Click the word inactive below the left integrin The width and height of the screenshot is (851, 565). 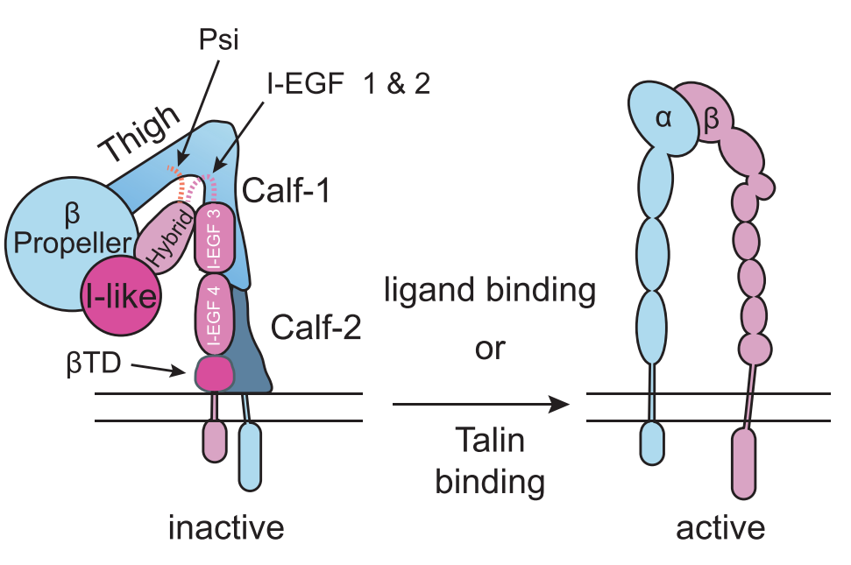[x=227, y=528]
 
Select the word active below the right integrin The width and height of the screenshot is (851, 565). [x=720, y=528]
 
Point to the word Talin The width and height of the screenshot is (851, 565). [x=490, y=441]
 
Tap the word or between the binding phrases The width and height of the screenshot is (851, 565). [x=490, y=349]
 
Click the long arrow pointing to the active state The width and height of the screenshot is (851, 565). [x=479, y=404]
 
